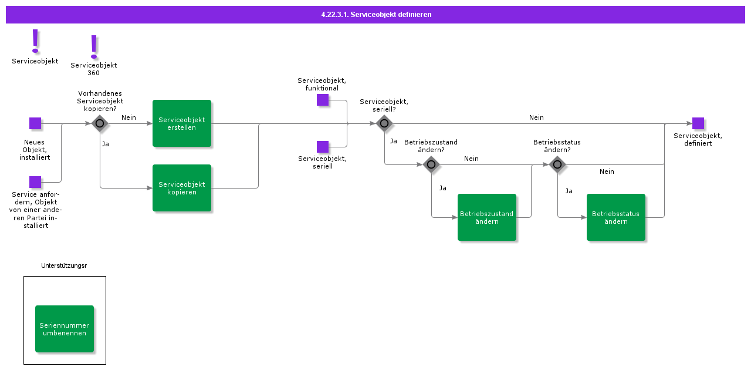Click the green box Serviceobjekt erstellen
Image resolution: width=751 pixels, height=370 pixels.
[182, 123]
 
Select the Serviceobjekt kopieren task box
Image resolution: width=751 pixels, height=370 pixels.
[182, 188]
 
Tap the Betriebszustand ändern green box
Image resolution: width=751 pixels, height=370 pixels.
[487, 217]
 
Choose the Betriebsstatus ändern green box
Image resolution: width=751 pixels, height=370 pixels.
[616, 217]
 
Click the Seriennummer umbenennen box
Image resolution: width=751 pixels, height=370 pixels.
[65, 329]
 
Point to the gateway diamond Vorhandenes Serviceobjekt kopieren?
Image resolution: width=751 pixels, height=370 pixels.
[100, 123]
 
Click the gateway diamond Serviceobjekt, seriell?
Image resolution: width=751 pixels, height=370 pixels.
[384, 123]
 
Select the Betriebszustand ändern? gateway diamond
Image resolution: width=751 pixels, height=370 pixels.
[431, 164]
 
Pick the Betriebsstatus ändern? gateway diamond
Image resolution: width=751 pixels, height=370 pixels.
[557, 164]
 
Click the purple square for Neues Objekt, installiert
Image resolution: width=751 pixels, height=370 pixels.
[35, 123]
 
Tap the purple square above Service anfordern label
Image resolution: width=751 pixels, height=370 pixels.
[35, 182]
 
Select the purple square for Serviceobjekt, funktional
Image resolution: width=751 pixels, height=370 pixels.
[323, 100]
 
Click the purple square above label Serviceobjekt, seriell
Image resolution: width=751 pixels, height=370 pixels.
[323, 147]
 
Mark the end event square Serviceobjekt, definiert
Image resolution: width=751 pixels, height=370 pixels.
[698, 123]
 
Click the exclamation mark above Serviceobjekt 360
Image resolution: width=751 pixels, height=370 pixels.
[94, 47]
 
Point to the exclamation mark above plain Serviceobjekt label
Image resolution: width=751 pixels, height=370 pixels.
[35, 41]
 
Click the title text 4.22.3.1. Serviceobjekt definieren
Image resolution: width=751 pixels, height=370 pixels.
[376, 15]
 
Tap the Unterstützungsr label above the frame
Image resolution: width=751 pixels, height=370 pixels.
[64, 265]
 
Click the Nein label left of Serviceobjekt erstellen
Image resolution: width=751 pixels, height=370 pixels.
[128, 117]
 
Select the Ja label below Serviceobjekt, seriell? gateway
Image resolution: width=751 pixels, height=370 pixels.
[394, 141]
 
